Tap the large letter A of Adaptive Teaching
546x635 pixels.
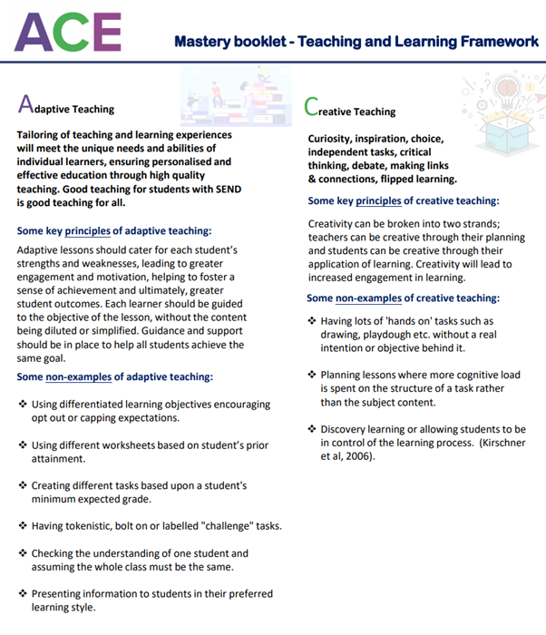tap(26, 105)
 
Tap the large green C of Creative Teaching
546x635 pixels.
tap(312, 108)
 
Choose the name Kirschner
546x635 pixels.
tap(485, 443)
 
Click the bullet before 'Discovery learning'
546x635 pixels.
tap(311, 429)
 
